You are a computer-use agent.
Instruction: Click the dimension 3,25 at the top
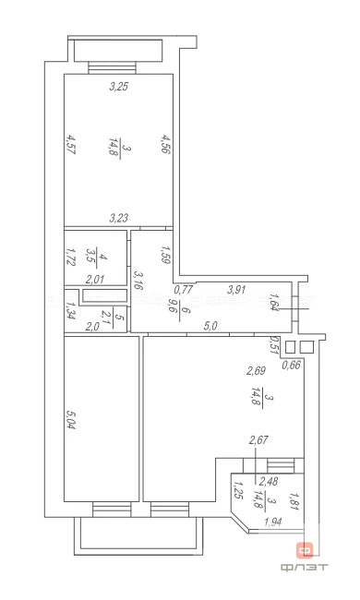[x=118, y=88]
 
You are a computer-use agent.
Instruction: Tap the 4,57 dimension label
[x=70, y=146]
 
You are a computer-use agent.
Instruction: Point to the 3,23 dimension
[x=118, y=218]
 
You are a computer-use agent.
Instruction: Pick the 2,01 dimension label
[x=94, y=279]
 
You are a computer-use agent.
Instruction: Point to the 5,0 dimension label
[x=210, y=325]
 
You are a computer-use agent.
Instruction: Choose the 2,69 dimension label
[x=256, y=371]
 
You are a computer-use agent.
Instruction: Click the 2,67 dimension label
[x=259, y=441]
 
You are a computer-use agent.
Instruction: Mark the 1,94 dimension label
[x=274, y=522]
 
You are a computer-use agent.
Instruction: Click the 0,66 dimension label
[x=291, y=365]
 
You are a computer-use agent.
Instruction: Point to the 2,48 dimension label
[x=269, y=481]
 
